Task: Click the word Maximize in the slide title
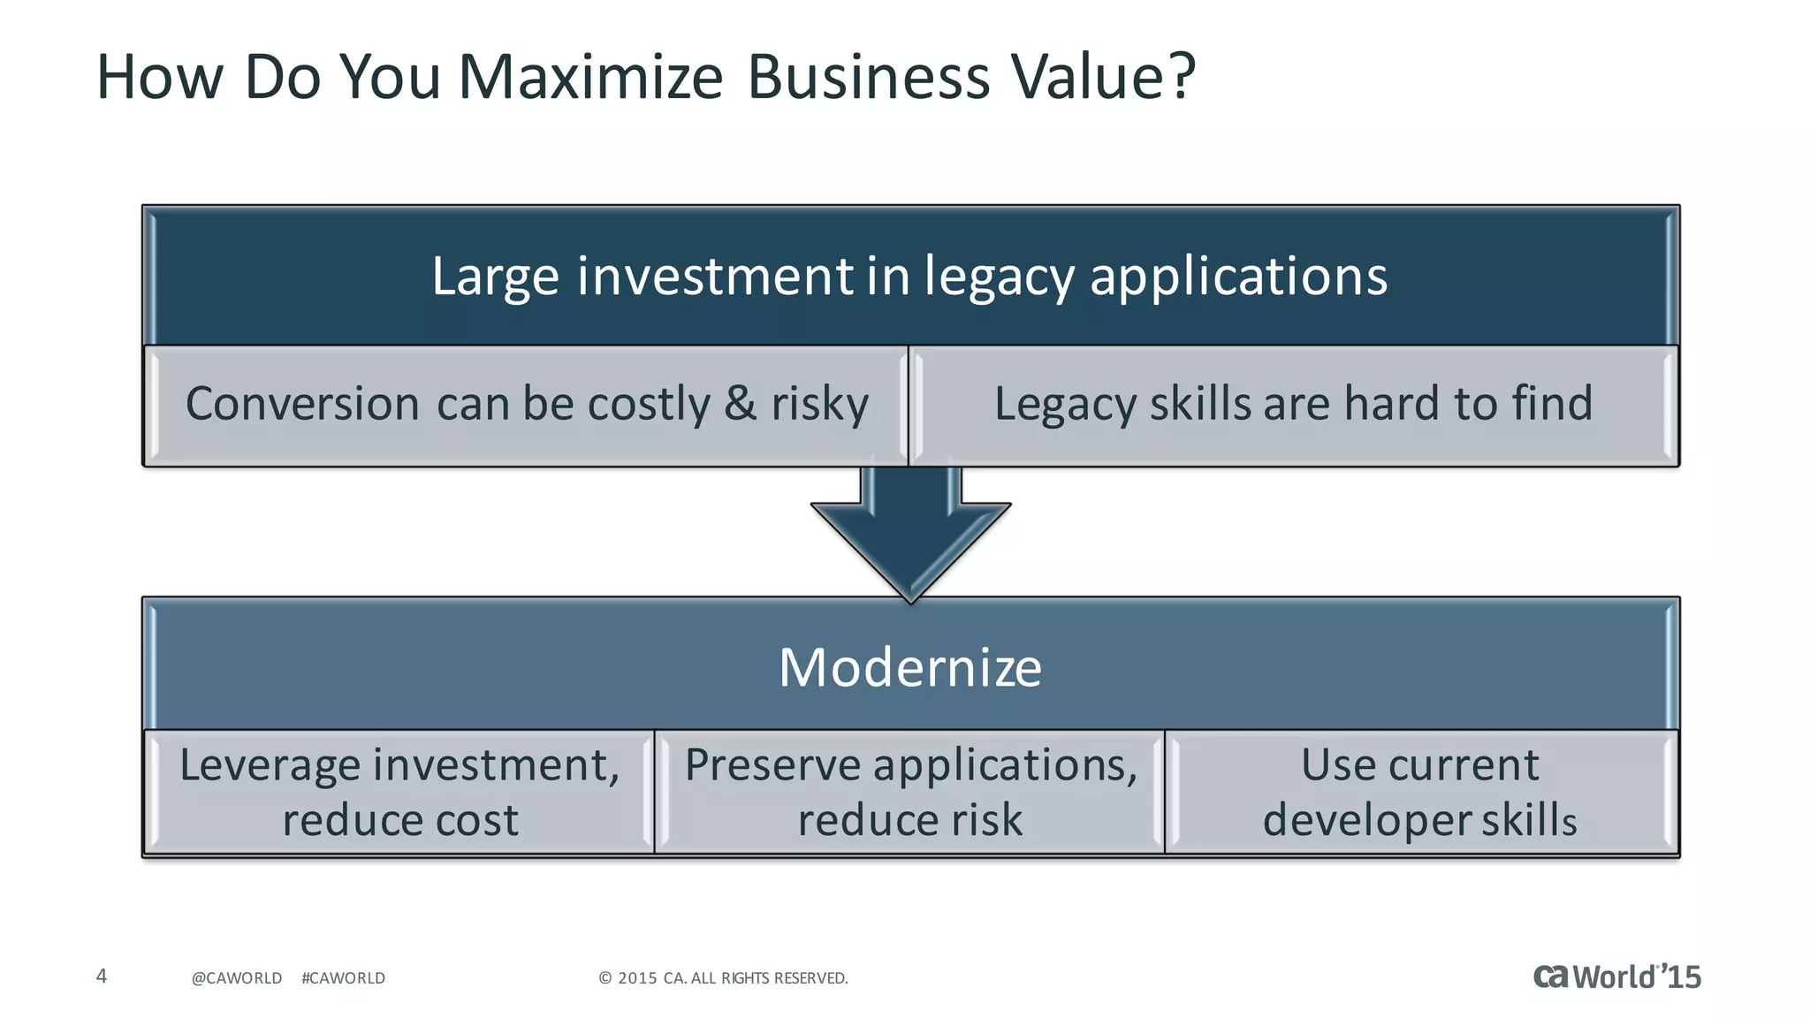(x=590, y=77)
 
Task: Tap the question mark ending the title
(x=1180, y=77)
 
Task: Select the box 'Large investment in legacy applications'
(x=910, y=276)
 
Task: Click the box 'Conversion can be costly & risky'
(x=527, y=405)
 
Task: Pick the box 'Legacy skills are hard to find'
(x=1293, y=405)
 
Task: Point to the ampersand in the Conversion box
(x=740, y=404)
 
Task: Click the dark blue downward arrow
(x=910, y=539)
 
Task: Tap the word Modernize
(x=910, y=667)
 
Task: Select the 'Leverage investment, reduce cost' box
(x=399, y=792)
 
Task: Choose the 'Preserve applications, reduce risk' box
(x=910, y=792)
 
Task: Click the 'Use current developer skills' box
(x=1420, y=792)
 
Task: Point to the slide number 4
(x=102, y=976)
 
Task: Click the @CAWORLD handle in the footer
(x=237, y=978)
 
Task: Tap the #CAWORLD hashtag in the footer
(x=343, y=978)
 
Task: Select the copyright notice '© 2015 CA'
(x=723, y=978)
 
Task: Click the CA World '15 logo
(x=1616, y=976)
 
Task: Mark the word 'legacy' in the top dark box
(x=999, y=277)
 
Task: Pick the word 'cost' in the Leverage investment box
(x=478, y=820)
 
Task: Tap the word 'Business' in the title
(x=869, y=77)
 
